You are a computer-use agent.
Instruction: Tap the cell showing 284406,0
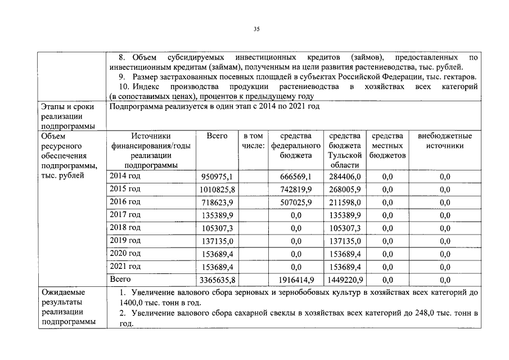coord(344,177)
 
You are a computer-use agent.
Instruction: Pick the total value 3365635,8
coord(217,280)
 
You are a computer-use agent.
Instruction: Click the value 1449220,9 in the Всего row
coord(344,280)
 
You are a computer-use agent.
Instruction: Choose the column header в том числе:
coord(253,141)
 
